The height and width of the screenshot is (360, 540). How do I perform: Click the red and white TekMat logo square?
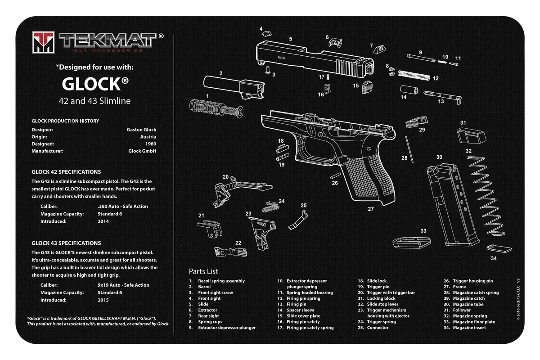43,42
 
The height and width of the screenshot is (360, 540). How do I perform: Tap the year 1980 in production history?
151,144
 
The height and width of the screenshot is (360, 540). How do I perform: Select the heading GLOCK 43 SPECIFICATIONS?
66,243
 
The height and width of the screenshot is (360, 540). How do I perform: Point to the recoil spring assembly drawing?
216,109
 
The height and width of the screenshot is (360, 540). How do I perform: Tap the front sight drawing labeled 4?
266,33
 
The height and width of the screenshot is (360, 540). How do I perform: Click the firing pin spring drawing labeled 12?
414,75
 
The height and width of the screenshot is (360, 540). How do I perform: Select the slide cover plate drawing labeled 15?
367,87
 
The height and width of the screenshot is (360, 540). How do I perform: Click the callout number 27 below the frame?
370,209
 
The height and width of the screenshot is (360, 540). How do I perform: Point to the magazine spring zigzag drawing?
486,196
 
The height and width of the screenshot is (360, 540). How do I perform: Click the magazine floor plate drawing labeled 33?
412,243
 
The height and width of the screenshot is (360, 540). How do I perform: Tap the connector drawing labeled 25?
298,220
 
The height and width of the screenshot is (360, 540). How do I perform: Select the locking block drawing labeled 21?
210,229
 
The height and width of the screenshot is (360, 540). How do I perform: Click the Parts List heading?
203,271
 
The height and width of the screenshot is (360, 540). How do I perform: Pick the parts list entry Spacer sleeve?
301,310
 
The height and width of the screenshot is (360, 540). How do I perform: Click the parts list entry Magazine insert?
469,328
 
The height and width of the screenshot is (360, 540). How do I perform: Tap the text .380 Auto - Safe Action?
123,207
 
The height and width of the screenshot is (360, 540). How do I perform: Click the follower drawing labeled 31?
472,136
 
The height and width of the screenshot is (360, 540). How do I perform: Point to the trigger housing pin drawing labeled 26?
335,176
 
